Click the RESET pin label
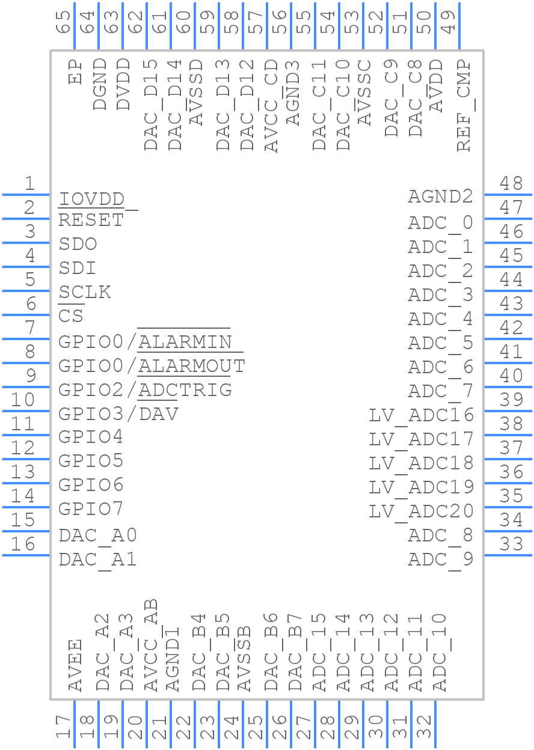[91, 220]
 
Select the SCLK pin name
[84, 292]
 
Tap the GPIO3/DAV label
[118, 414]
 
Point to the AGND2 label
[440, 196]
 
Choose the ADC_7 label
[440, 392]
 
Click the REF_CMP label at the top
[465, 105]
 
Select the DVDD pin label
[123, 84]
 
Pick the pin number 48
[511, 183]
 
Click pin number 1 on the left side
[30, 183]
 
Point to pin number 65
[63, 22]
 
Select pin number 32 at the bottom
[423, 727]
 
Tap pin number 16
[23, 544]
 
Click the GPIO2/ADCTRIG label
[145, 390]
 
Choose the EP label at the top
[75, 72]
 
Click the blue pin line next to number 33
[508, 555]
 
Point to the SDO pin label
[78, 244]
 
